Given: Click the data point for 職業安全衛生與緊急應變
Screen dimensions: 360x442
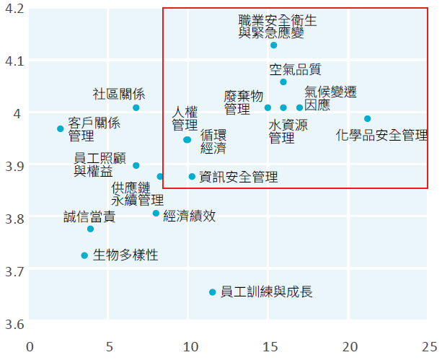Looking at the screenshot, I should tap(274, 45).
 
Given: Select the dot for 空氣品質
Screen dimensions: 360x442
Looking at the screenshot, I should tap(283, 82).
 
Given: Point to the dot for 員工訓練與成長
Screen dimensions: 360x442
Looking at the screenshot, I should tap(213, 292).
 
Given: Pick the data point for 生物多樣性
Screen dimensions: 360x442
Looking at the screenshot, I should tap(84, 255).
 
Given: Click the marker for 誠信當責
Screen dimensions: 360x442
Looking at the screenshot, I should tap(90, 229).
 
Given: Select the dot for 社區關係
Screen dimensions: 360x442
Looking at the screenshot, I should tap(136, 107).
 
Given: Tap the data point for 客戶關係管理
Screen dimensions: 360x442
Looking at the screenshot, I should tap(61, 128).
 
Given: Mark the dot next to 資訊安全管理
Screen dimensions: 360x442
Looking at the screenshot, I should tap(192, 177).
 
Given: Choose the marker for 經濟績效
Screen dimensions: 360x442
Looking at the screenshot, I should tap(156, 214).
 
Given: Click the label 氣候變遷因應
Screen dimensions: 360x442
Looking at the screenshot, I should tap(330, 99).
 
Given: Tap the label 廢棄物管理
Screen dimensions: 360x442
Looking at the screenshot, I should tap(243, 103).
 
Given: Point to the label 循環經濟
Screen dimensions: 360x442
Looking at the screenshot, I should tap(213, 141).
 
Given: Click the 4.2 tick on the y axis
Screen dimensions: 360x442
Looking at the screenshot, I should tap(14, 9).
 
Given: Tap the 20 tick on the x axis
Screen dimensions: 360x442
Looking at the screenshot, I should tap(349, 347).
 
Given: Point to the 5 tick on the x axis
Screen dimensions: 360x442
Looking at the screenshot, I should tap(110, 347).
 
